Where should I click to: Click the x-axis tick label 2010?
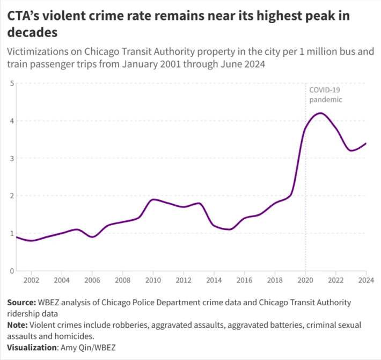click(x=153, y=280)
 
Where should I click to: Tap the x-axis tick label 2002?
click(x=31, y=280)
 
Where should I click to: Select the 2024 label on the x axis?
click(x=366, y=280)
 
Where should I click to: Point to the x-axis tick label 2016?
click(x=245, y=280)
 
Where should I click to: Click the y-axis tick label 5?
click(x=11, y=83)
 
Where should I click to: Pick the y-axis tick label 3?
click(x=11, y=158)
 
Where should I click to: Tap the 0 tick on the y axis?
click(x=11, y=271)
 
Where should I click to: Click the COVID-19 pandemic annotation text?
click(x=325, y=95)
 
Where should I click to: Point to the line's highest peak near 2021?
click(x=320, y=113)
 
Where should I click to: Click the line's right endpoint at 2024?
click(x=366, y=143)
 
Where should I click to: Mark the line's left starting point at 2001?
click(x=17, y=237)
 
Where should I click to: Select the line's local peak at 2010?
click(x=154, y=199)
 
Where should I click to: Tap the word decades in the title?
click(x=32, y=33)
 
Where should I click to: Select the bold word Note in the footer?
click(x=18, y=325)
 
